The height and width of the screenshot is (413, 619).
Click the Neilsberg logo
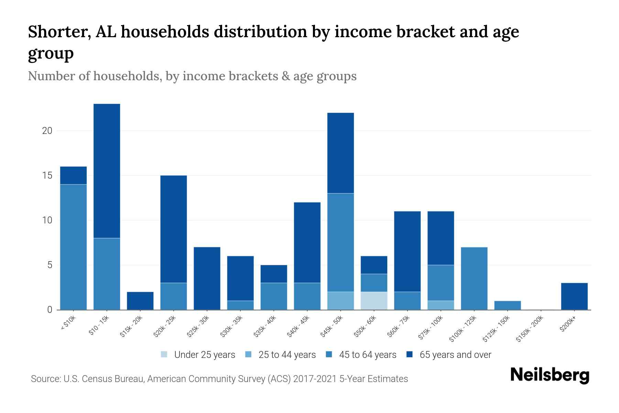tap(550, 375)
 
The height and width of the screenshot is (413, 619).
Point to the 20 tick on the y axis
tap(47, 131)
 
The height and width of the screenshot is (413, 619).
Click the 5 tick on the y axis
tap(50, 265)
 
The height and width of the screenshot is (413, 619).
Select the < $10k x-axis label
tap(68, 324)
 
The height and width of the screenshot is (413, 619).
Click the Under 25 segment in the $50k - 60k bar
tap(374, 300)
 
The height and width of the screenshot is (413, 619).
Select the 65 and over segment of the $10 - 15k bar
tap(107, 171)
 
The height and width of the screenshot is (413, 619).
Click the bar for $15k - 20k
tap(140, 300)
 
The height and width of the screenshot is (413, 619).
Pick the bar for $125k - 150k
tap(508, 305)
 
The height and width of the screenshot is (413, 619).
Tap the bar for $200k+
tap(574, 296)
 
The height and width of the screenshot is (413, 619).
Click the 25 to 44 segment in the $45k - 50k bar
tap(340, 300)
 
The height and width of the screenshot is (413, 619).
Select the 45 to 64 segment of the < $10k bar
tap(74, 247)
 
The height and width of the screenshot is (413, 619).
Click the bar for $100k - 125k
tap(474, 278)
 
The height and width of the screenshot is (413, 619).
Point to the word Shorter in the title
tap(57, 32)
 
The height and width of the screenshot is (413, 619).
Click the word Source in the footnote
tap(45, 379)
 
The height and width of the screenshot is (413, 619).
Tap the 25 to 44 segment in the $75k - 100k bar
tap(441, 305)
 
